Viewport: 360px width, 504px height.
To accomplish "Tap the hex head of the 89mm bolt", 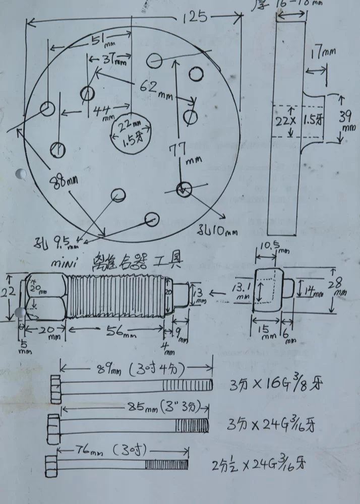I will click(54, 386).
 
